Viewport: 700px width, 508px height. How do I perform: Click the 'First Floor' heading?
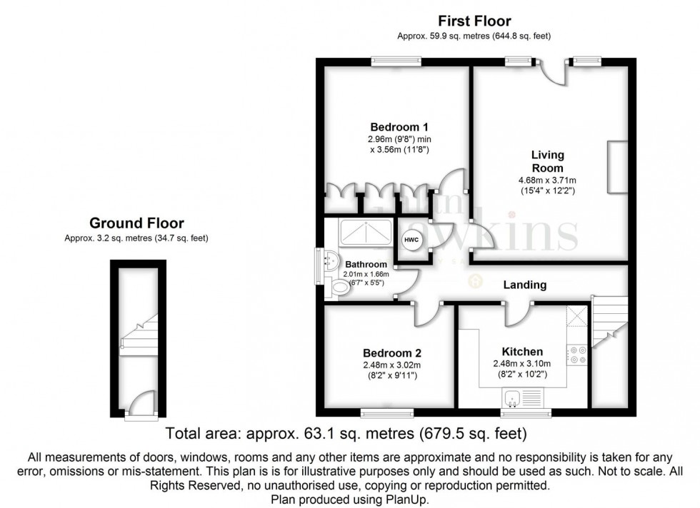point(475,21)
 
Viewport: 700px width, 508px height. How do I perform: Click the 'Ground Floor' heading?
point(136,223)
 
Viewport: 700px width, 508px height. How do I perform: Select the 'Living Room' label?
point(548,161)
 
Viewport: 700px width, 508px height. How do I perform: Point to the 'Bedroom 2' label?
point(391,353)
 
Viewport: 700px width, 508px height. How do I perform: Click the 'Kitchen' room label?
point(522,352)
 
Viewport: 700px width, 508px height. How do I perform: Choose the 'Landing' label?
point(526,285)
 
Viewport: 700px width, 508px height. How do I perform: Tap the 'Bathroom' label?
point(366,265)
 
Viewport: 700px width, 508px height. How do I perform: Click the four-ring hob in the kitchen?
point(577,355)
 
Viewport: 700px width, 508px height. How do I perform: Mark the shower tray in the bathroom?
point(365,232)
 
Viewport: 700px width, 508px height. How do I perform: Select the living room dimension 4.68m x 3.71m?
point(548,180)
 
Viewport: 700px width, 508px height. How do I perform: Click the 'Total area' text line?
point(346,433)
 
